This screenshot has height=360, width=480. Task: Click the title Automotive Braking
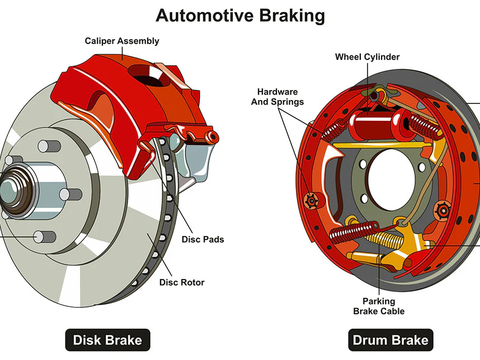point(240,15)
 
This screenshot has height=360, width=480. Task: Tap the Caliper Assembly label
point(122,41)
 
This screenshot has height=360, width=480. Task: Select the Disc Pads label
point(203,239)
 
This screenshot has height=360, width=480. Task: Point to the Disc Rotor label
point(182,282)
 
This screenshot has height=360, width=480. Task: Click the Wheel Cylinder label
point(367,57)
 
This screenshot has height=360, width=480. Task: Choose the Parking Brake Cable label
point(379,306)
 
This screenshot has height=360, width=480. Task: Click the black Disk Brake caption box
point(107,339)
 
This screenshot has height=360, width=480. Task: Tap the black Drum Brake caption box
point(390,339)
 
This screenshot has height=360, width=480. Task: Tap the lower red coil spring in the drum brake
point(352,229)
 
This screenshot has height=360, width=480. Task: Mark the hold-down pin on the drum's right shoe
point(445,210)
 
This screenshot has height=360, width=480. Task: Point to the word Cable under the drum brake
point(391,311)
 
